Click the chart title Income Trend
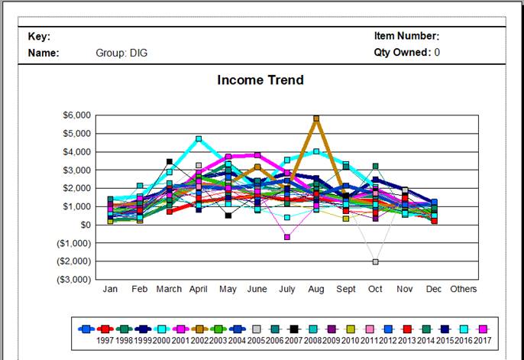click(x=260, y=80)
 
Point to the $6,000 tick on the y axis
click(x=76, y=115)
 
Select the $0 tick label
click(x=85, y=225)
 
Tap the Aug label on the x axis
click(x=316, y=289)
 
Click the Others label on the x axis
click(x=463, y=289)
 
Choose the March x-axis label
click(x=169, y=289)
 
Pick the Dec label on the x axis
click(x=434, y=289)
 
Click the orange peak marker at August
click(x=316, y=118)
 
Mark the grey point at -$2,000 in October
click(x=376, y=261)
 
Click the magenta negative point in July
click(x=287, y=237)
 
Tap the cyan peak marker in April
click(x=199, y=139)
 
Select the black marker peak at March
click(x=170, y=161)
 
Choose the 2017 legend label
click(x=483, y=339)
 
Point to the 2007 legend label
click(x=295, y=339)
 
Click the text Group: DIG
click(x=121, y=53)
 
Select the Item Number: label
click(x=406, y=36)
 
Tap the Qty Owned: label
click(x=402, y=53)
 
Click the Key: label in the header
click(x=39, y=36)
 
